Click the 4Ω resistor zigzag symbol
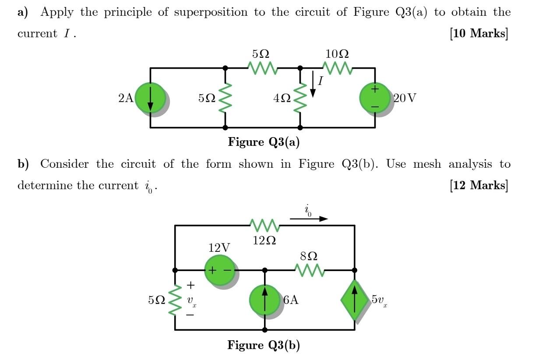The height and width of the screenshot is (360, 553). (x=300, y=98)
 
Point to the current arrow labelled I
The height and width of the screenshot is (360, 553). (x=313, y=84)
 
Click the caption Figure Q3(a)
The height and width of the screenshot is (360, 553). (x=264, y=142)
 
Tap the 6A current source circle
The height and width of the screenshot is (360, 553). (x=264, y=300)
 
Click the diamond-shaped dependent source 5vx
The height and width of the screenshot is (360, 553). (x=355, y=300)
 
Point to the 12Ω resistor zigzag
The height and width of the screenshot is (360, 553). (x=264, y=226)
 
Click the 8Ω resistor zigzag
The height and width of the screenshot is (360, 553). (x=310, y=270)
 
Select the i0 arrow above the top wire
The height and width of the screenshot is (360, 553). (x=309, y=218)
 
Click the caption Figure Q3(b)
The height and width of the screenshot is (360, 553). (x=264, y=345)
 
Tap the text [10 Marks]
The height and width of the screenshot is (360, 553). (x=479, y=33)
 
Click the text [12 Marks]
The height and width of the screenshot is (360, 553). (x=479, y=185)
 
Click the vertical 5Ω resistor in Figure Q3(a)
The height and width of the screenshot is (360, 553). (x=225, y=98)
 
